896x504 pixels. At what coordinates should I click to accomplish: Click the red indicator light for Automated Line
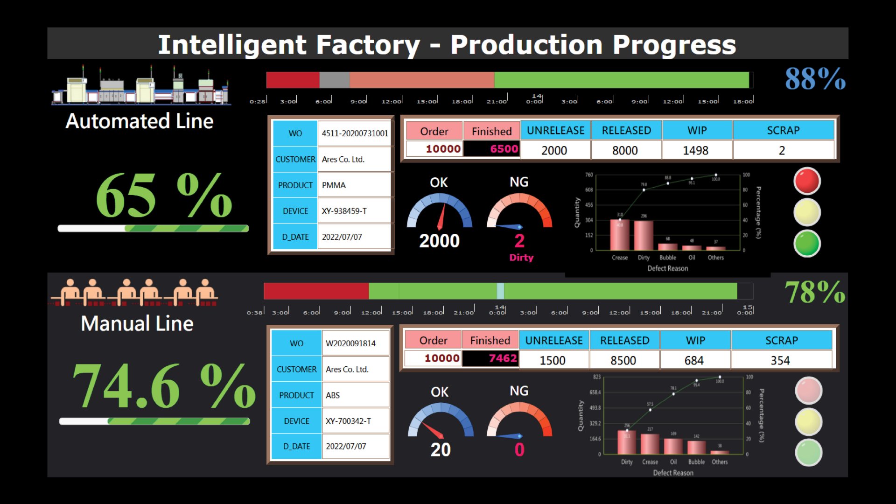click(807, 181)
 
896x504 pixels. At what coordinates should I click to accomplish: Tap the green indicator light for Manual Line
click(808, 452)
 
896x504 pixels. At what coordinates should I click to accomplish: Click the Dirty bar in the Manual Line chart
click(627, 442)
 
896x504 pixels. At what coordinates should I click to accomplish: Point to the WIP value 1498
click(695, 150)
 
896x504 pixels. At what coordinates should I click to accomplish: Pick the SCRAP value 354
click(780, 360)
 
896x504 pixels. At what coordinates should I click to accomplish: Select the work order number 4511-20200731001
click(355, 133)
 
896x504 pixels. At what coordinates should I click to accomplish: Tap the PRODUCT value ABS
click(333, 395)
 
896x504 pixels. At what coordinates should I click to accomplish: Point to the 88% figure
click(815, 78)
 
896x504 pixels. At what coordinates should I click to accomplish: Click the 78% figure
click(815, 292)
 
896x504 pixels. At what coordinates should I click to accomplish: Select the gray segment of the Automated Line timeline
click(334, 80)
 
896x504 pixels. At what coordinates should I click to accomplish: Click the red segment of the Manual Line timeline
click(316, 291)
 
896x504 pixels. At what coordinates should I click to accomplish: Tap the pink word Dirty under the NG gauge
click(521, 258)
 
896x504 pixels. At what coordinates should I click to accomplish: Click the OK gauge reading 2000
click(439, 241)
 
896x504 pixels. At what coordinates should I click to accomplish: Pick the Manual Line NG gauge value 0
click(519, 450)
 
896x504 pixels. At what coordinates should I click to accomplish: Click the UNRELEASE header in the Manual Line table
click(554, 341)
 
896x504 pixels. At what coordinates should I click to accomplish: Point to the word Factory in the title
click(368, 45)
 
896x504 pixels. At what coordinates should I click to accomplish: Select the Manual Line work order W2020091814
click(350, 343)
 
